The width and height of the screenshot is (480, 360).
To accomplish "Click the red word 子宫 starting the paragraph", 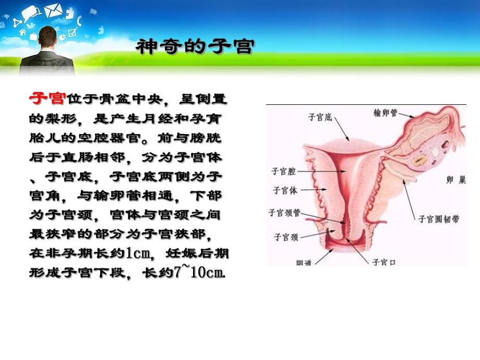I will click(47, 99).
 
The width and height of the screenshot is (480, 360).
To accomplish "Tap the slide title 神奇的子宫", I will click(195, 47).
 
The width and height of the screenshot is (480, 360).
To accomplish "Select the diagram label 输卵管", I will click(386, 112).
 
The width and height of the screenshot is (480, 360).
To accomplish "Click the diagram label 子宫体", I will click(284, 190).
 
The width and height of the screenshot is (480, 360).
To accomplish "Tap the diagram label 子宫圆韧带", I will click(439, 220).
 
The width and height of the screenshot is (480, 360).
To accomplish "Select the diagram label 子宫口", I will click(383, 261).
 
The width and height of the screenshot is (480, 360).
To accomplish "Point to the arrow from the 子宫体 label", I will click(313, 190).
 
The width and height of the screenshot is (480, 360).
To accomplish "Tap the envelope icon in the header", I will click(53, 10).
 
